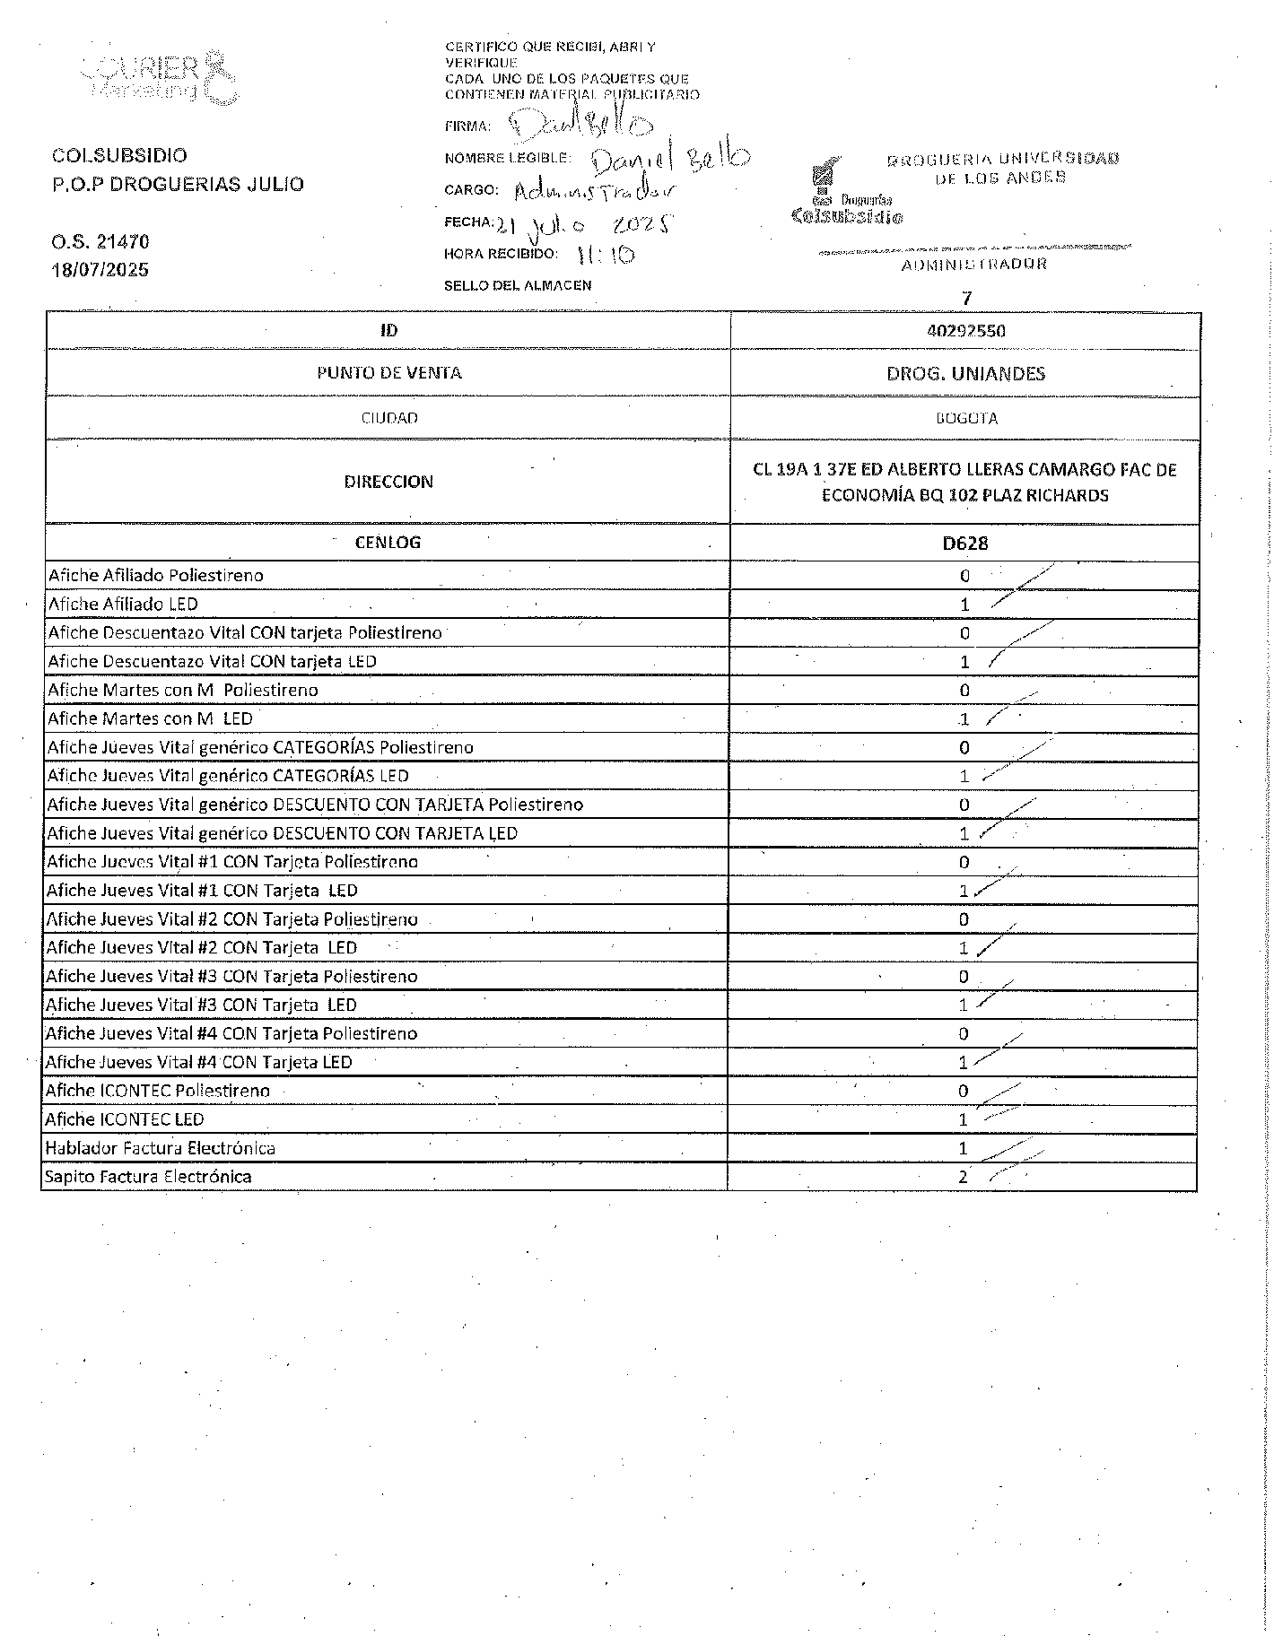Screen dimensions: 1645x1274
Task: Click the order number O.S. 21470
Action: (100, 241)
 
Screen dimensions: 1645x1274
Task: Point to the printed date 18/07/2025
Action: (100, 270)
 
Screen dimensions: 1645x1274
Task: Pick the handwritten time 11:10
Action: (606, 255)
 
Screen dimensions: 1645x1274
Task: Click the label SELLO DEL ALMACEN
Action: (518, 285)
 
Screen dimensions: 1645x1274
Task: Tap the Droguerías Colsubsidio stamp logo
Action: (847, 195)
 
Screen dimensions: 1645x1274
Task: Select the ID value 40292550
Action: (965, 331)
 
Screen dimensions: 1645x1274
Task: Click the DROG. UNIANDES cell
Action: (965, 374)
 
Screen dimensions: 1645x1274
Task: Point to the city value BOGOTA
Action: (965, 418)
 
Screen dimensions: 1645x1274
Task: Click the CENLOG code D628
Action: (965, 543)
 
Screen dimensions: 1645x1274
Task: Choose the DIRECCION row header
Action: (388, 482)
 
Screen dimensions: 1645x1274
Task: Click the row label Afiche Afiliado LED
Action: (123, 605)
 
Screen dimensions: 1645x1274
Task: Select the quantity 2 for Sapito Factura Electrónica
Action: (963, 1177)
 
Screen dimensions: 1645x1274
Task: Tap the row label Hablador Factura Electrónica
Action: (161, 1148)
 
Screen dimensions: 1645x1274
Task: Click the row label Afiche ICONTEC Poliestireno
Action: (158, 1091)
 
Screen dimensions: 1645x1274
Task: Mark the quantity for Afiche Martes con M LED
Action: (964, 719)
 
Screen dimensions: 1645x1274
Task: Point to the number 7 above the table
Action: (966, 299)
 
